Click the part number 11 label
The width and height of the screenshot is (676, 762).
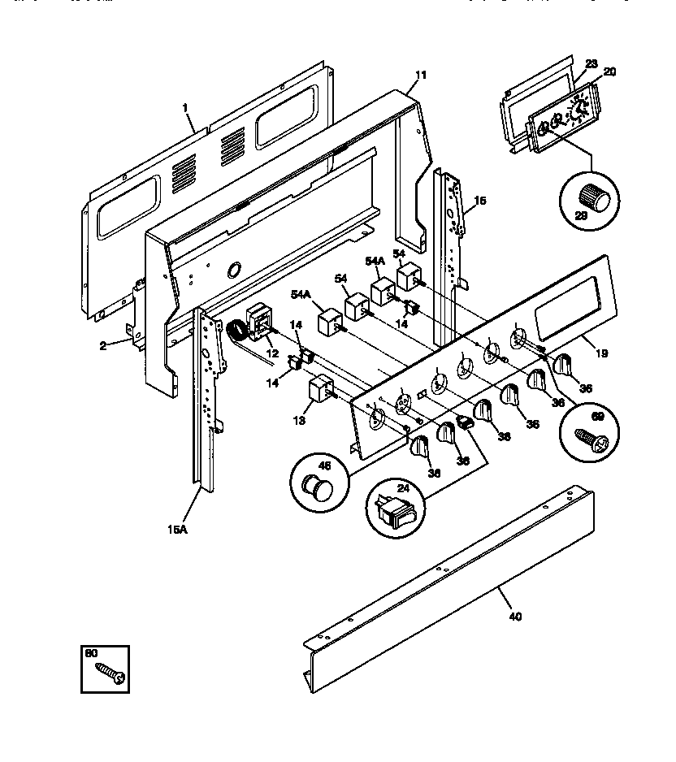(x=419, y=76)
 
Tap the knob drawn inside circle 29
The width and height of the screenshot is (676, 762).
(x=596, y=197)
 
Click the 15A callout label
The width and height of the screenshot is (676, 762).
(x=178, y=529)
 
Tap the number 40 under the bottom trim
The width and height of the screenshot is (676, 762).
(x=514, y=616)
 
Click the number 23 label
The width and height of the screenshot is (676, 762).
(x=591, y=63)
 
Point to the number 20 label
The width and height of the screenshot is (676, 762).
(x=609, y=71)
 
